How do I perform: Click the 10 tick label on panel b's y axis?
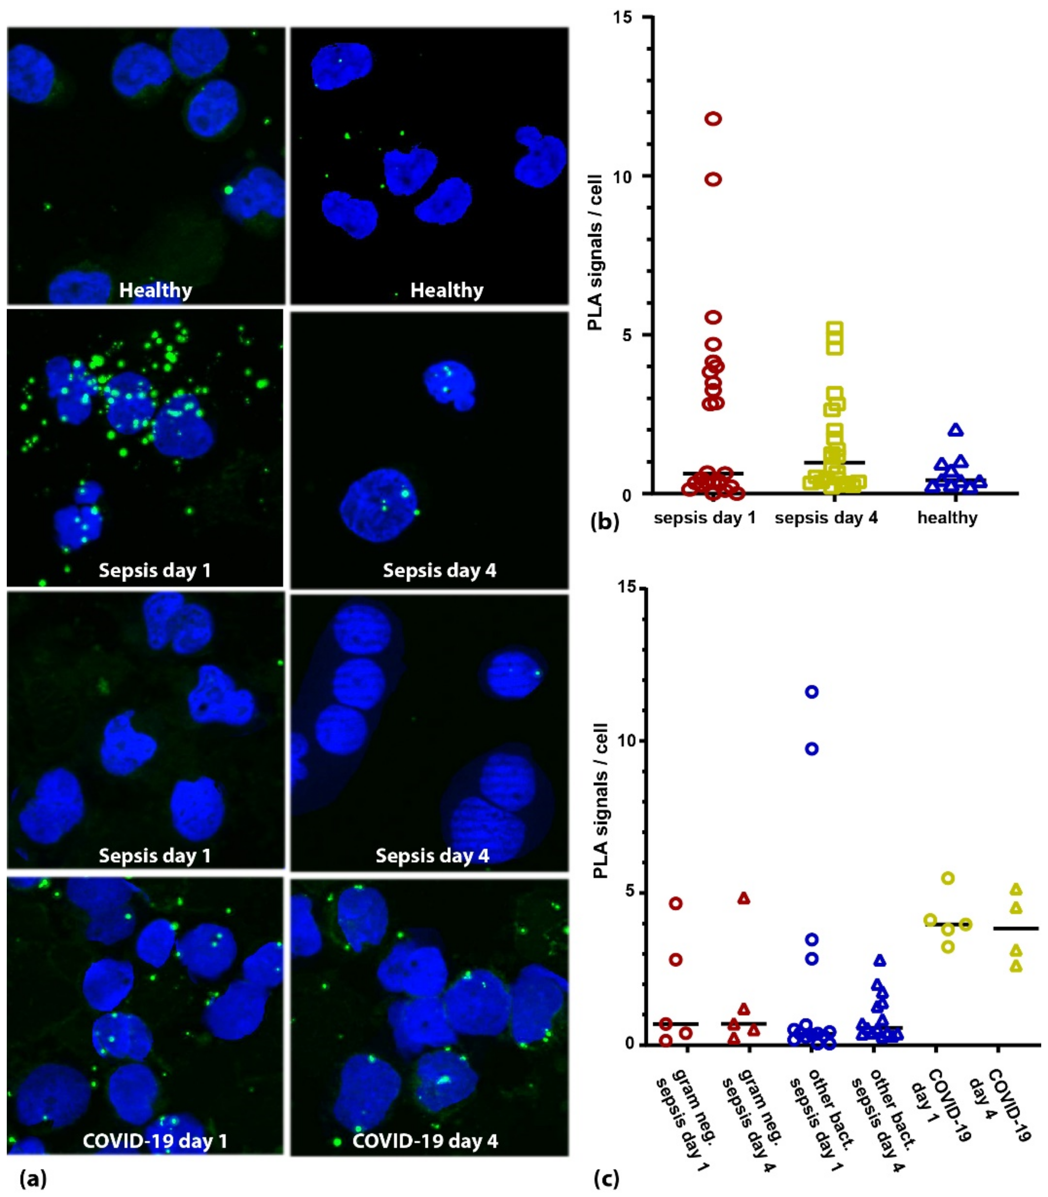pos(624,177)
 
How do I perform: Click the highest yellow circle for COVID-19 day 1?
pos(948,878)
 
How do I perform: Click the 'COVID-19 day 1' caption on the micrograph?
pos(155,1141)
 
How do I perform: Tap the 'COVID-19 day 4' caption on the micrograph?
pos(425,1141)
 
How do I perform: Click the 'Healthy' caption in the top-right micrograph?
pos(447,290)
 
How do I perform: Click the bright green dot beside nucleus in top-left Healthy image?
pos(228,190)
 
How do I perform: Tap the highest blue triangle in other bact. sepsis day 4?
pos(880,960)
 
